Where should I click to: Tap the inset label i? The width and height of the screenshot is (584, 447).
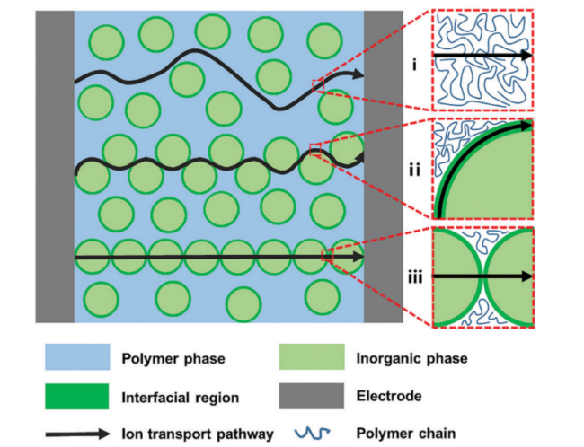(415, 64)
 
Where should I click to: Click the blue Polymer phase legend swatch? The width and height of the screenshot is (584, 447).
(77, 359)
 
